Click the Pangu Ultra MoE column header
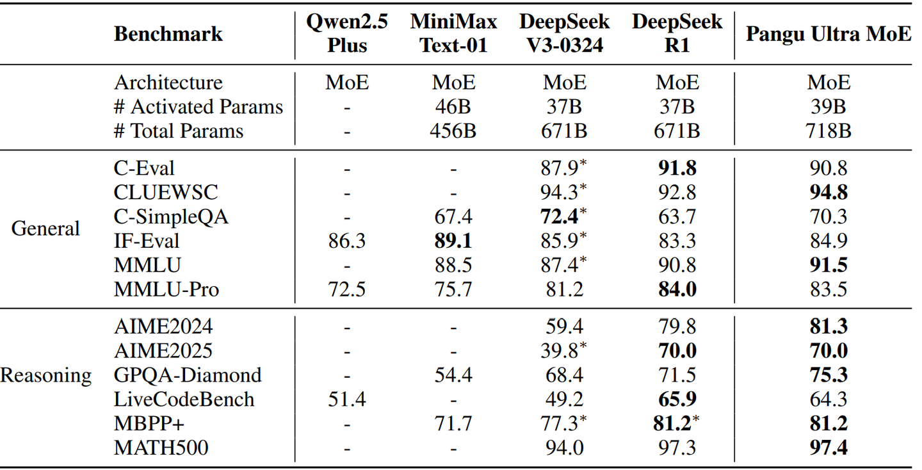click(829, 33)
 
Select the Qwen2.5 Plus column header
click(347, 33)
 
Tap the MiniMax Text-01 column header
click(453, 33)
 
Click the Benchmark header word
click(168, 33)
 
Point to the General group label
click(45, 229)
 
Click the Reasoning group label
click(46, 375)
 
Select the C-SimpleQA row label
click(171, 216)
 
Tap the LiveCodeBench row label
click(184, 399)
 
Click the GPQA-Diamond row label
click(188, 375)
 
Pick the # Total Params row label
click(179, 131)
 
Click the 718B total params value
click(829, 131)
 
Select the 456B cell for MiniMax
click(453, 131)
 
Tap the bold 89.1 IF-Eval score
click(453, 241)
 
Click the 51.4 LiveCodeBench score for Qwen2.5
click(347, 399)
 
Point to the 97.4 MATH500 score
click(829, 448)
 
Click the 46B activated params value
click(453, 107)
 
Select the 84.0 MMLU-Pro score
click(677, 289)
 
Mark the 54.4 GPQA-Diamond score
click(453, 375)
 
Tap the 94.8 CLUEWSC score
click(829, 192)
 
